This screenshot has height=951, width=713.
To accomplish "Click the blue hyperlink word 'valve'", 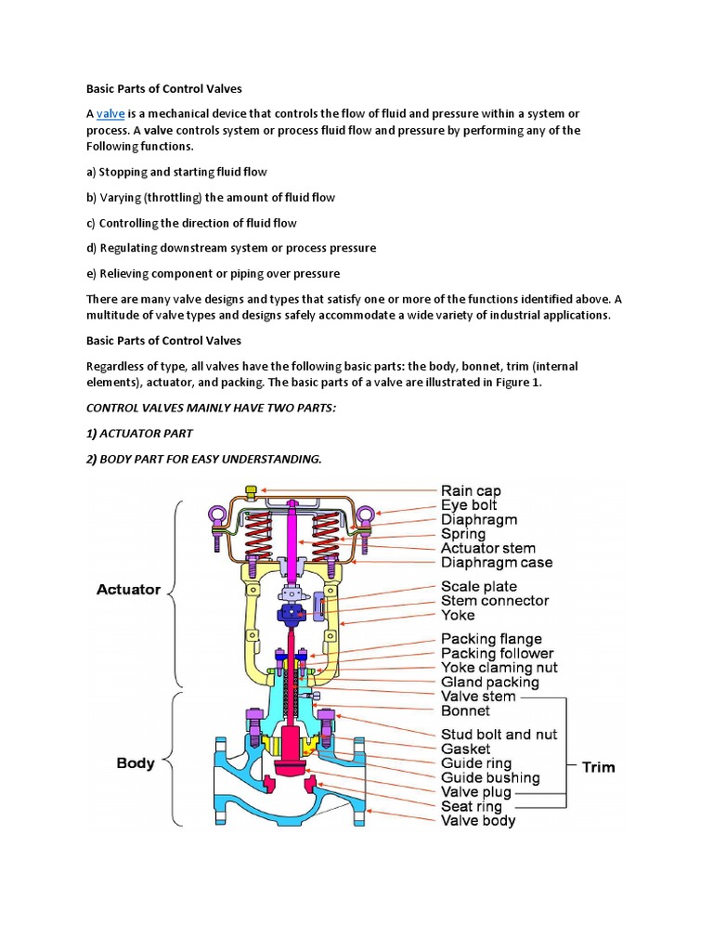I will [x=110, y=113].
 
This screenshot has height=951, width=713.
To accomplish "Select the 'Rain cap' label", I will [x=472, y=490].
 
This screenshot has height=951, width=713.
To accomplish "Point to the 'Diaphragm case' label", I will [x=497, y=562].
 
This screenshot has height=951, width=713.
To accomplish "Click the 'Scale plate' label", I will [x=479, y=586].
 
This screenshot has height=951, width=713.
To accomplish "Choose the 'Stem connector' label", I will [x=495, y=600].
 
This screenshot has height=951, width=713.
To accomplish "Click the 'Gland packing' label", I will [x=490, y=682].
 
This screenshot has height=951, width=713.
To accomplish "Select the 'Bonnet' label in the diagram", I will [x=465, y=710].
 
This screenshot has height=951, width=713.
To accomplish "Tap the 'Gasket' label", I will [x=466, y=749].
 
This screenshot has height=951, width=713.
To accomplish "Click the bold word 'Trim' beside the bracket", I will [x=598, y=767].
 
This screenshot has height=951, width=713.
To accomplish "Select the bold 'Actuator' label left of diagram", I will [x=128, y=589].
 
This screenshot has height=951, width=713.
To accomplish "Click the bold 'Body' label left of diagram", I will [x=136, y=763].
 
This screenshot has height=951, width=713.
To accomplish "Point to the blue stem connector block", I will [x=293, y=614].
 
